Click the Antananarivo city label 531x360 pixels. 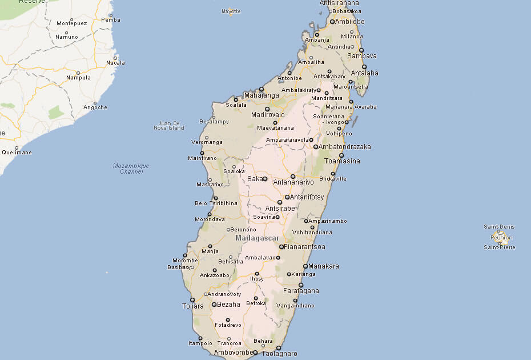coord(294,182)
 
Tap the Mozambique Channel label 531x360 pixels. coord(131,169)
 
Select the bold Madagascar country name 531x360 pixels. coord(257,238)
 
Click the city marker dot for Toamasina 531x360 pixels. coord(341,155)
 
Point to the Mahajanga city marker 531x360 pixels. coord(261,89)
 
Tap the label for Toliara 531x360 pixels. coord(192,306)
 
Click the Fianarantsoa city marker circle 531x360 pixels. coord(281,247)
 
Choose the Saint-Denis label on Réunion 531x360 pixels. coord(498,227)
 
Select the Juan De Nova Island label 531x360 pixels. coord(170,125)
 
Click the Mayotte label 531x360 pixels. coord(231,11)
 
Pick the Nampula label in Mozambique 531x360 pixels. coord(78,78)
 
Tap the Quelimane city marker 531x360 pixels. coord(17,147)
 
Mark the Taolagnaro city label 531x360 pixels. coord(280,354)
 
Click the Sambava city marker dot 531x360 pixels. coord(361,50)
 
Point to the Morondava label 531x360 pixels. coord(210,219)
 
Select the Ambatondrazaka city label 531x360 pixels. coord(345,147)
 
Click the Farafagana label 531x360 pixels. coord(302,291)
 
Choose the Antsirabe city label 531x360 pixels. coord(280,209)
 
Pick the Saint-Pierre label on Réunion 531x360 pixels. coord(499,247)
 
